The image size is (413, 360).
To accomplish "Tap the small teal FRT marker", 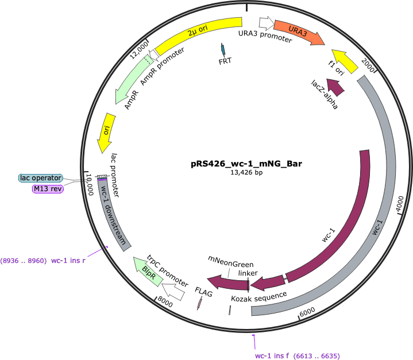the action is pos(223,49).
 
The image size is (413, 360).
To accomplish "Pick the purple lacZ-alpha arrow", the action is pos(335,87).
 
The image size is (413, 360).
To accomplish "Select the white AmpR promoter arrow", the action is pos(154,55).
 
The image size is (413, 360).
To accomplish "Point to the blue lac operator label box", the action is pos(41,178).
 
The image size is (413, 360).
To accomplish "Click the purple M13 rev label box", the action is pos(48,189).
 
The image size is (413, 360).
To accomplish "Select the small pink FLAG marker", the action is pos(200,303).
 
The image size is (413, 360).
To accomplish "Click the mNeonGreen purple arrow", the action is pos(228,283).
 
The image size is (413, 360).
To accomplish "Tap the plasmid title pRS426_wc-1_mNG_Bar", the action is pos(246,164).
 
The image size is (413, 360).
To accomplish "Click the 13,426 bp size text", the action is pos(246,172).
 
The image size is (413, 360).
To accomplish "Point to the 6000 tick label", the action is pos(307,312).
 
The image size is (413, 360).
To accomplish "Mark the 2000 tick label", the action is pos(368,65).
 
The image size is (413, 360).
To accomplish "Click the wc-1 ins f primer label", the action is pos(298,356).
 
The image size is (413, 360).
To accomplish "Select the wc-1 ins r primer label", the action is pos(43,261).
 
